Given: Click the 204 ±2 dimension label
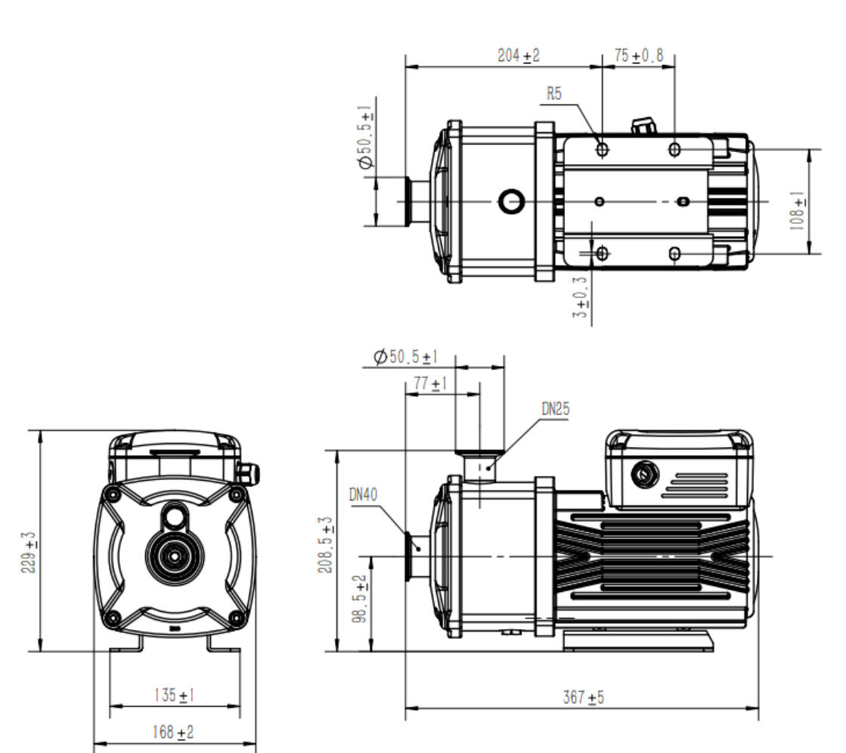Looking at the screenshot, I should coord(518,56).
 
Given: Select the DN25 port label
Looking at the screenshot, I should coord(556,409).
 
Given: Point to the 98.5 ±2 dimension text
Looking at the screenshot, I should coord(362,599).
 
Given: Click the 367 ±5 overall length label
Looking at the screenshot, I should coord(584,697).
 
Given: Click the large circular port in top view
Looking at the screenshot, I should coord(512,201).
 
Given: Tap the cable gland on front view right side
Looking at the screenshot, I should coord(248,473).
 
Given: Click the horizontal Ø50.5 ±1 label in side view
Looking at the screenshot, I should coord(406,356).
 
